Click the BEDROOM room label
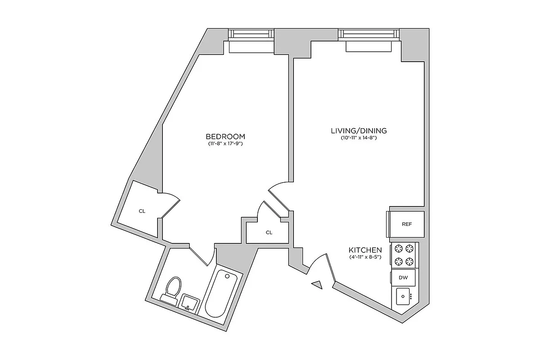[x=225, y=136]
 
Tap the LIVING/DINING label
[x=359, y=131]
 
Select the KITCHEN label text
[x=365, y=250]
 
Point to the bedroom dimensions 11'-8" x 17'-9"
[x=225, y=144]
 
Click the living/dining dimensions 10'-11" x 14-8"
[x=359, y=138]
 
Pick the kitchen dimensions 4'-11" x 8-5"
[x=365, y=257]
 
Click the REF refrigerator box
[x=406, y=224]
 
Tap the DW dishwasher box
[x=403, y=278]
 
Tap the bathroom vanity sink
[x=189, y=302]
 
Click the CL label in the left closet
[x=142, y=211]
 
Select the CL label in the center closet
[x=269, y=233]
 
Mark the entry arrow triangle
[x=318, y=284]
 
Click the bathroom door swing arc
[x=203, y=256]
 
